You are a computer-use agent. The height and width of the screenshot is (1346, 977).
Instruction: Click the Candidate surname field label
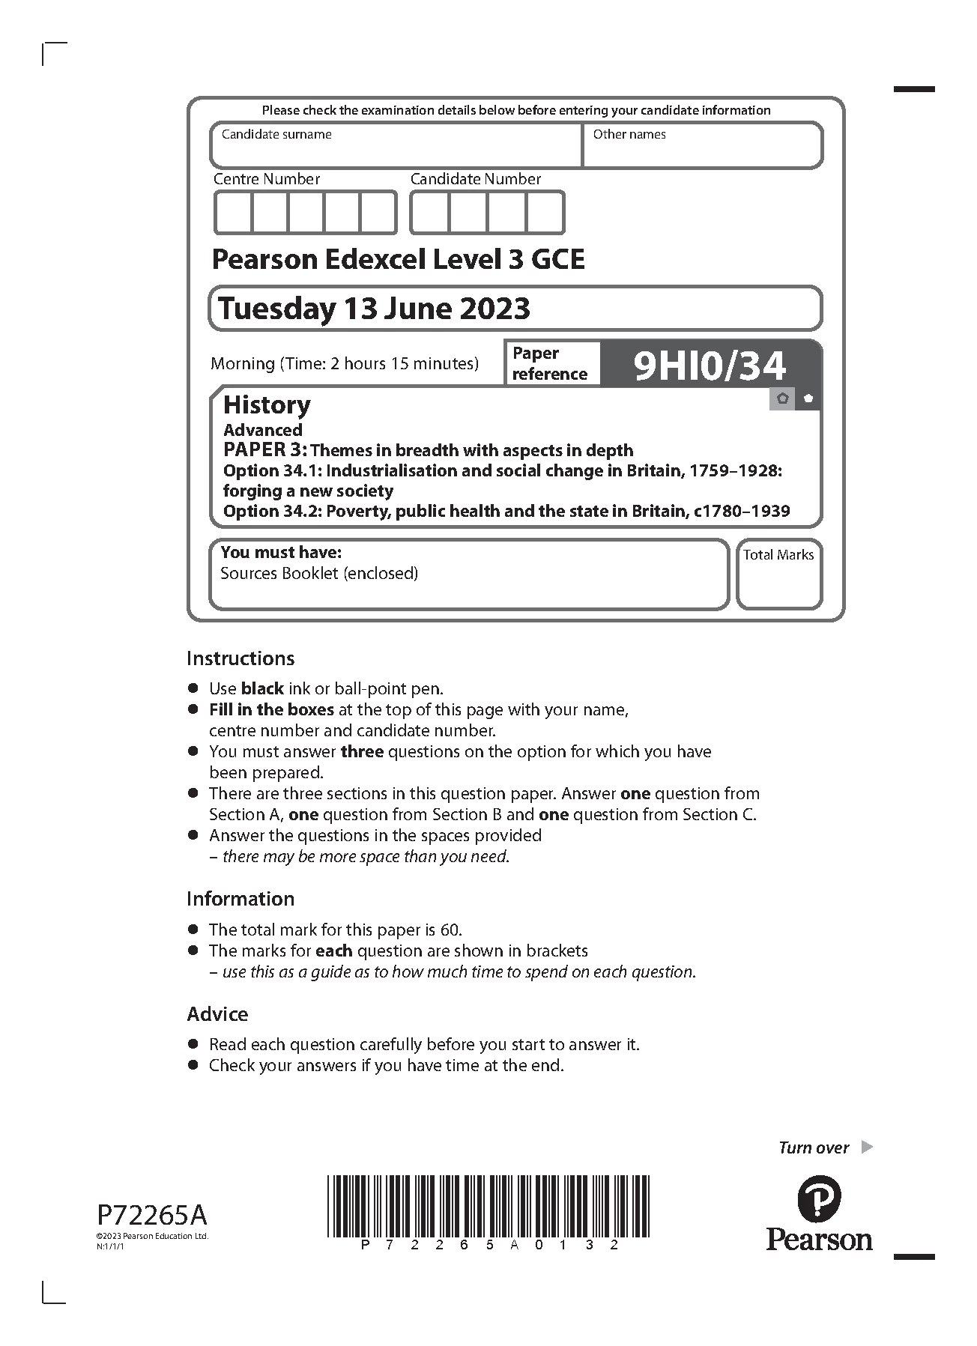pyautogui.click(x=276, y=135)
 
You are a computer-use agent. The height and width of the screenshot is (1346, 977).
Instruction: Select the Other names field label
pyautogui.click(x=629, y=135)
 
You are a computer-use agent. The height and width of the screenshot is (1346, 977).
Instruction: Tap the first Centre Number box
pyautogui.click(x=233, y=213)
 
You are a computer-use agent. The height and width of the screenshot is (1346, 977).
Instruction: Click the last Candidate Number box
pyautogui.click(x=545, y=213)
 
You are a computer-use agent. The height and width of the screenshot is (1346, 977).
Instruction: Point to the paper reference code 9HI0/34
pyautogui.click(x=710, y=366)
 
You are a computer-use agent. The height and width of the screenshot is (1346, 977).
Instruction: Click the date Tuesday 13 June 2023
pyautogui.click(x=374, y=309)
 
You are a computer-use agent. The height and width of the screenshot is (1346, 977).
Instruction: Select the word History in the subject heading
pyautogui.click(x=267, y=405)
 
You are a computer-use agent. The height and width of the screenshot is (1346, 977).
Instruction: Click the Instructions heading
pyautogui.click(x=241, y=658)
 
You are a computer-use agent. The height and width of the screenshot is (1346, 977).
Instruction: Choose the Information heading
pyautogui.click(x=241, y=899)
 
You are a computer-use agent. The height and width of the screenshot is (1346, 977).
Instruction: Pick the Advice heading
pyautogui.click(x=217, y=1014)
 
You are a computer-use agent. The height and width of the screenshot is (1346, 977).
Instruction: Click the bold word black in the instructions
pyautogui.click(x=262, y=688)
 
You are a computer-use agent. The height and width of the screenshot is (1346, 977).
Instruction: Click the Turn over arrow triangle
pyautogui.click(x=867, y=1147)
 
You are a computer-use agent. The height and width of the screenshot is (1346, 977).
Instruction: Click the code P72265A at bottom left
pyautogui.click(x=151, y=1214)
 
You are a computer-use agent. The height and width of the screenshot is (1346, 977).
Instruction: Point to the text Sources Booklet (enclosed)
pyautogui.click(x=319, y=574)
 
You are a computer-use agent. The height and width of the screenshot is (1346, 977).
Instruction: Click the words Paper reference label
pyautogui.click(x=549, y=364)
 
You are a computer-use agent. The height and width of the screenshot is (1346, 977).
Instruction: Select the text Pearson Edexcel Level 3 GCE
pyautogui.click(x=398, y=260)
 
